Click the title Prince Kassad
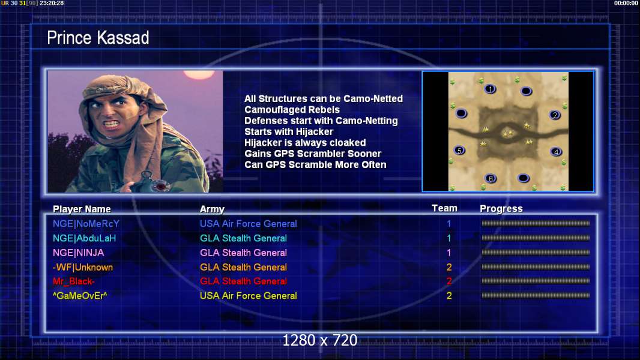pos(98,38)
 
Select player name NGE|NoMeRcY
pos(86,224)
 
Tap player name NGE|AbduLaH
pos(85,238)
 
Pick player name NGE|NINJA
pos(79,253)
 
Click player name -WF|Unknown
pos(83,268)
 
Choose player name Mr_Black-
pos(73,281)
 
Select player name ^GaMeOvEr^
pos(80,296)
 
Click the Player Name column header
pos(82,209)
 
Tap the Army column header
pos(213,209)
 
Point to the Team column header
pos(444,208)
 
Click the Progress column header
pos(501,209)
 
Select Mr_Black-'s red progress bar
pos(536,281)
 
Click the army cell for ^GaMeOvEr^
pos(248,296)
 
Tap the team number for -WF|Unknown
pos(449,268)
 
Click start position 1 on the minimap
pos(490,89)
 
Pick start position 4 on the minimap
pos(556,152)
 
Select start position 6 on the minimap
pos(491,178)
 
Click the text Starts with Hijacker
pos(289,131)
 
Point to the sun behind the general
pos(199,74)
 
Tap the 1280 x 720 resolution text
pos(320,340)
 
